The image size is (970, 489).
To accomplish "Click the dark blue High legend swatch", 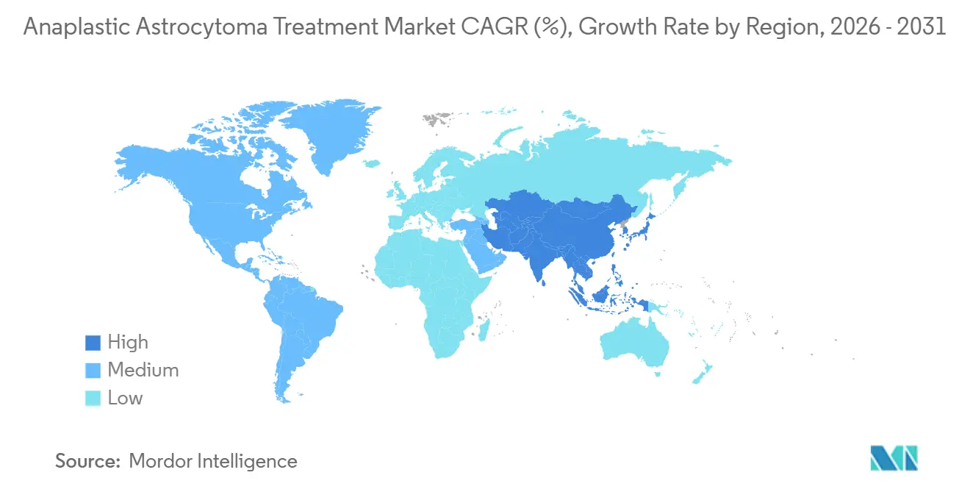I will click(93, 343).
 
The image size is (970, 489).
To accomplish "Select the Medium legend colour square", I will click(93, 371).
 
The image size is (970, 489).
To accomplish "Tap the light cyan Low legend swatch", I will click(93, 399).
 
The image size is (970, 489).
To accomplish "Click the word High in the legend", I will click(128, 343).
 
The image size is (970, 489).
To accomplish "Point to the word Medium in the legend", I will click(143, 371).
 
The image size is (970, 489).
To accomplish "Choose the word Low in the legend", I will click(125, 399).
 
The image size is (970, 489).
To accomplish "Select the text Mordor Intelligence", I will click(213, 462).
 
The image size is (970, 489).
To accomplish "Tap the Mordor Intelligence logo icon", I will click(894, 458).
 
